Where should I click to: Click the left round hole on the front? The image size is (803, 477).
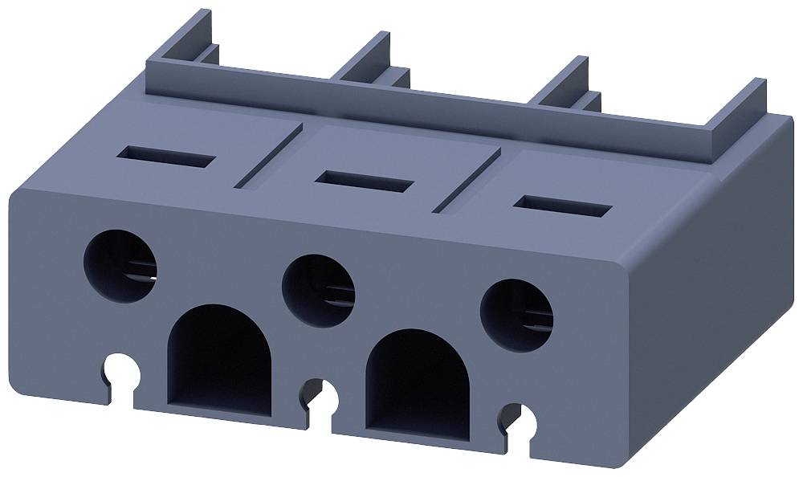120,264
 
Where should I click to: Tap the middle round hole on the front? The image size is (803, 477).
319,290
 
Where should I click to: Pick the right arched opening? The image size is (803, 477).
418,385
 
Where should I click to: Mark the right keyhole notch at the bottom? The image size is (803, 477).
522,419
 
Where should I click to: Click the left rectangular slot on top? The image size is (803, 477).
169,156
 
